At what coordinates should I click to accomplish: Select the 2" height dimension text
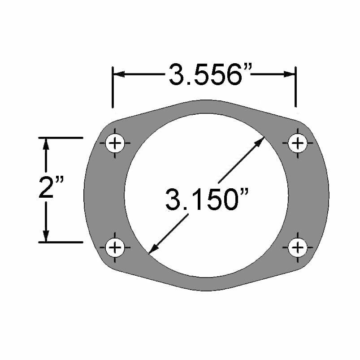(51, 188)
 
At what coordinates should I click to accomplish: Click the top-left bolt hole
(116, 143)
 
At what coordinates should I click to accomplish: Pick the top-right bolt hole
(297, 143)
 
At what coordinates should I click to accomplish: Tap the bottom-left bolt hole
(116, 247)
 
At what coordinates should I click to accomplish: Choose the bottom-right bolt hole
(297, 247)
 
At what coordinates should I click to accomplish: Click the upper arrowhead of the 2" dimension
(45, 143)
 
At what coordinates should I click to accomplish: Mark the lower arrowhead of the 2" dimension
(45, 236)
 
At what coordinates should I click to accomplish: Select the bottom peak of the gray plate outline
(206, 290)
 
